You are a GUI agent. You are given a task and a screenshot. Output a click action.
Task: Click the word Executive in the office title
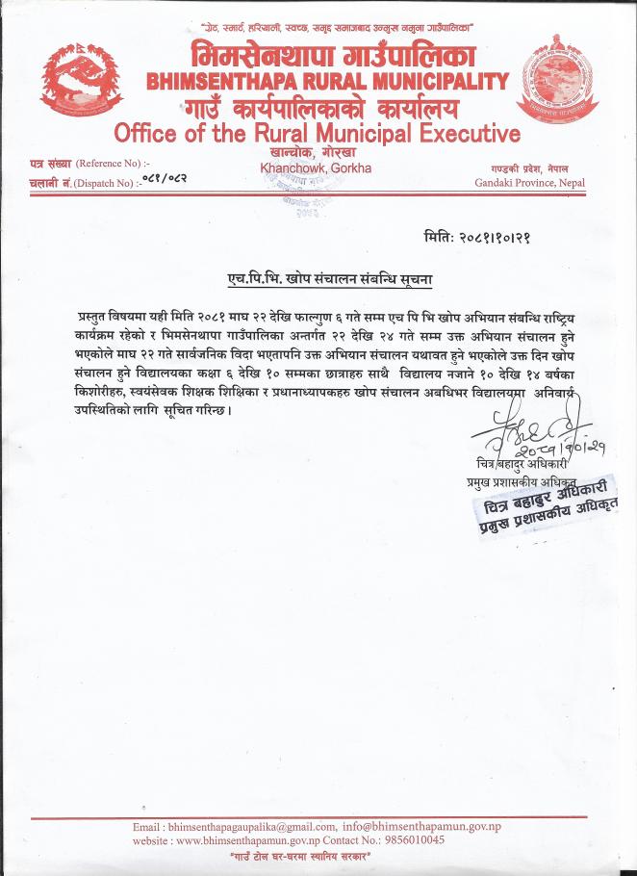click(467, 133)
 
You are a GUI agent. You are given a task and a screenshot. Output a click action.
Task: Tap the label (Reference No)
click(113, 164)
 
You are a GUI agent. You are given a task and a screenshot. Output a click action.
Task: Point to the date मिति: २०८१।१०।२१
click(490, 237)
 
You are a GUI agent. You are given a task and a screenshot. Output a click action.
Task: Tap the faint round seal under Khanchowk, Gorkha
click(307, 197)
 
